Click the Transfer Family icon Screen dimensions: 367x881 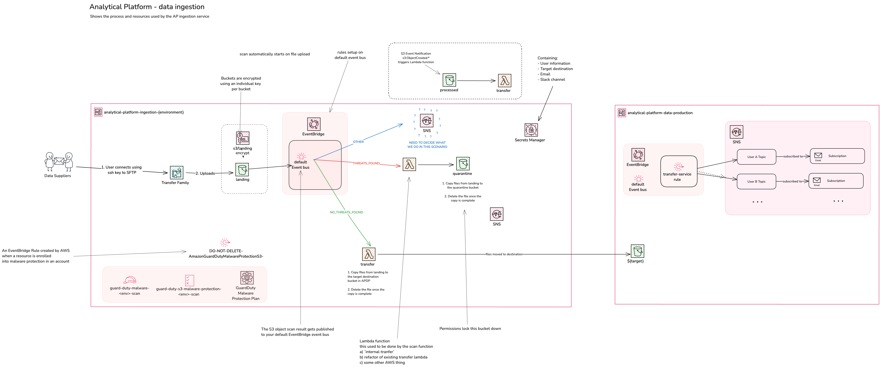176,172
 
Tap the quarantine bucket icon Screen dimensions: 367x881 463,164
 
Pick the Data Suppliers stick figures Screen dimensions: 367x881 59,161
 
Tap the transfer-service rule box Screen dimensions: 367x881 679,171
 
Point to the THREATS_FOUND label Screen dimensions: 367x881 366,163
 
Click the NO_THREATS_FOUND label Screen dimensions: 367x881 346,212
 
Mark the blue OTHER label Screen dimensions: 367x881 358,142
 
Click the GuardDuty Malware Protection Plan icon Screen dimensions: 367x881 247,278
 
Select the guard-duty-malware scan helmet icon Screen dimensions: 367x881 130,280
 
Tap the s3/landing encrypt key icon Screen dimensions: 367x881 243,138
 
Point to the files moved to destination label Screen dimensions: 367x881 504,254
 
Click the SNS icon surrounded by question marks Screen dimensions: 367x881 427,120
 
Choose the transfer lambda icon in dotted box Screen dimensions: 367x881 504,81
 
